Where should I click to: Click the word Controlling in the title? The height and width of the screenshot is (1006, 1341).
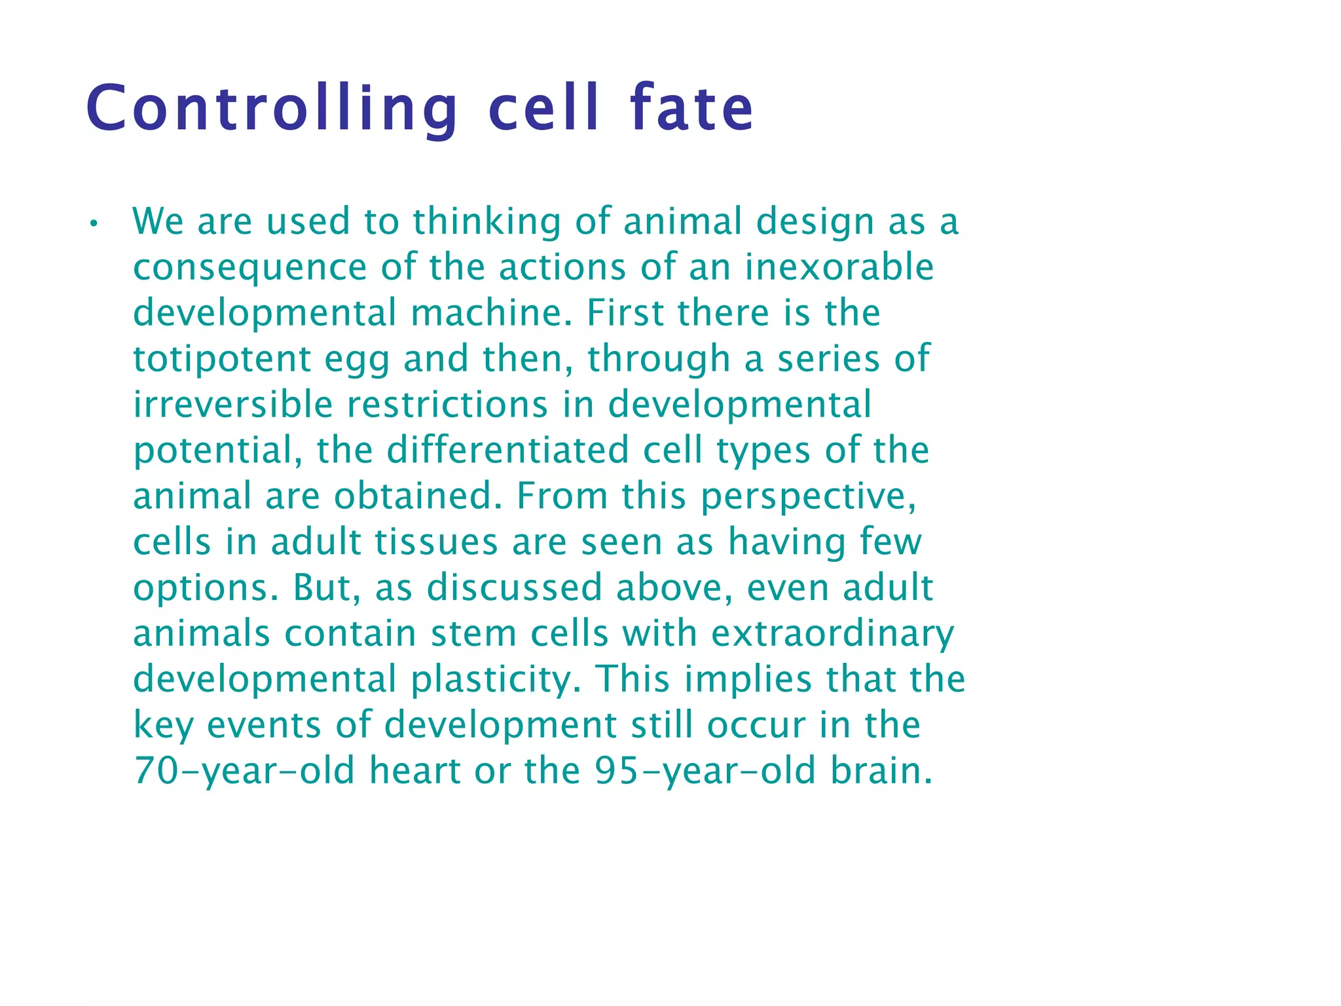(x=272, y=109)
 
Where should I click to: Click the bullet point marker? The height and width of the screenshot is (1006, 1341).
(x=94, y=224)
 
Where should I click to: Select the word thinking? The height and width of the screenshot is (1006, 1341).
(x=487, y=221)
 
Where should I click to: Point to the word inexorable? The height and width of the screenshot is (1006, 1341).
(x=839, y=267)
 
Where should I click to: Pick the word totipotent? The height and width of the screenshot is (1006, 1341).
(x=222, y=359)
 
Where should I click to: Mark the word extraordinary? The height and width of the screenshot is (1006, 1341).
(x=832, y=635)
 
